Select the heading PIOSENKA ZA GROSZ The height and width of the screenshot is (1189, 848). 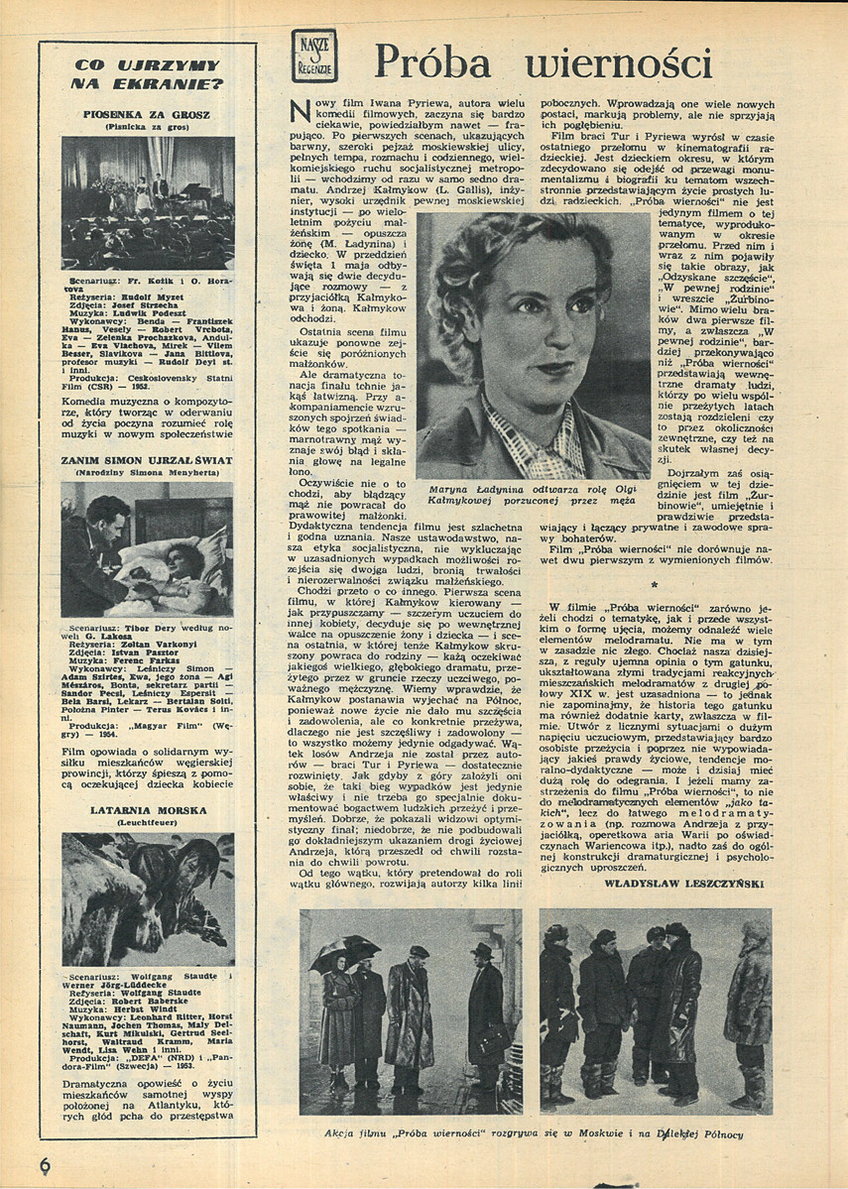tap(148, 114)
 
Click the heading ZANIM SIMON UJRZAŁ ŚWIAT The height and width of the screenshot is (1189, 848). tap(147, 461)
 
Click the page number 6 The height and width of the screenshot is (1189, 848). tap(45, 1166)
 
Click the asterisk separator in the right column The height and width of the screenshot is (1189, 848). tap(655, 586)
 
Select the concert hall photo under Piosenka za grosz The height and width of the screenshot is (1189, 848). tap(148, 202)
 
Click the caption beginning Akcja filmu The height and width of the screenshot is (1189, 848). tap(535, 1134)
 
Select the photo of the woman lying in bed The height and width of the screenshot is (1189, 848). tap(148, 556)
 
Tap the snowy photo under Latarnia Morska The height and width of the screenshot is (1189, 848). tap(148, 898)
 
